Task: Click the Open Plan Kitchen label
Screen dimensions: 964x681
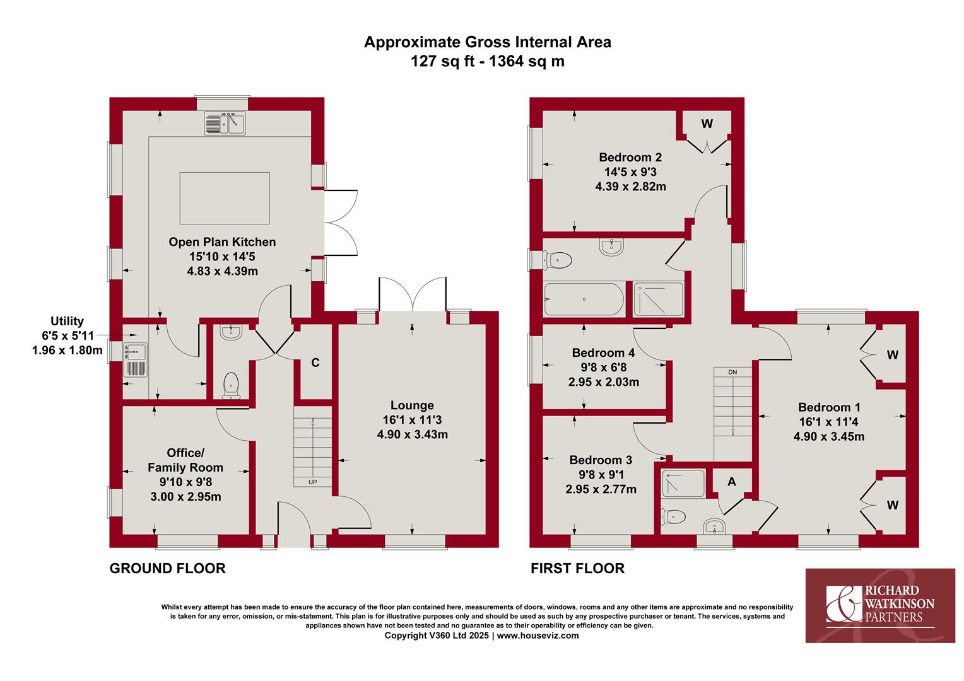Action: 222,242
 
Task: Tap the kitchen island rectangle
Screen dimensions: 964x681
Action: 225,199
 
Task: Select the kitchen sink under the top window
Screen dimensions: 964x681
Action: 225,124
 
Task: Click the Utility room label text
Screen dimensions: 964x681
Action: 67,322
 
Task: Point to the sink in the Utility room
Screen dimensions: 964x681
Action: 135,359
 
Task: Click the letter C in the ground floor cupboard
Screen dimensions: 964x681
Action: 315,363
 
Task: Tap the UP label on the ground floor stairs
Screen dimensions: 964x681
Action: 313,482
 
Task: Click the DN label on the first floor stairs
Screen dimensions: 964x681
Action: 732,372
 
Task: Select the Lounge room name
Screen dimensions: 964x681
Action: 412,405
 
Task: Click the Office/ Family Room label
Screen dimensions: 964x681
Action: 185,460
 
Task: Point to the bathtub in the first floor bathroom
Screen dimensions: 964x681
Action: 584,300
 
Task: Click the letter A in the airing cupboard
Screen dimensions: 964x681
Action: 732,482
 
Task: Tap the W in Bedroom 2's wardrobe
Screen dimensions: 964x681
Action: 707,124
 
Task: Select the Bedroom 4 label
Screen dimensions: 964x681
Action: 603,352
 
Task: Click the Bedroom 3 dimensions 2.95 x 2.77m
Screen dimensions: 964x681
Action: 601,489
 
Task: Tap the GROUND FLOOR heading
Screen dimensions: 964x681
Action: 167,568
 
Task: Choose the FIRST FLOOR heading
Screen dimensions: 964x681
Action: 577,568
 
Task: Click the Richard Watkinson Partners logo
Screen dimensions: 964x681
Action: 880,606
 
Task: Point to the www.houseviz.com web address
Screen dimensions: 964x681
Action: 538,636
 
